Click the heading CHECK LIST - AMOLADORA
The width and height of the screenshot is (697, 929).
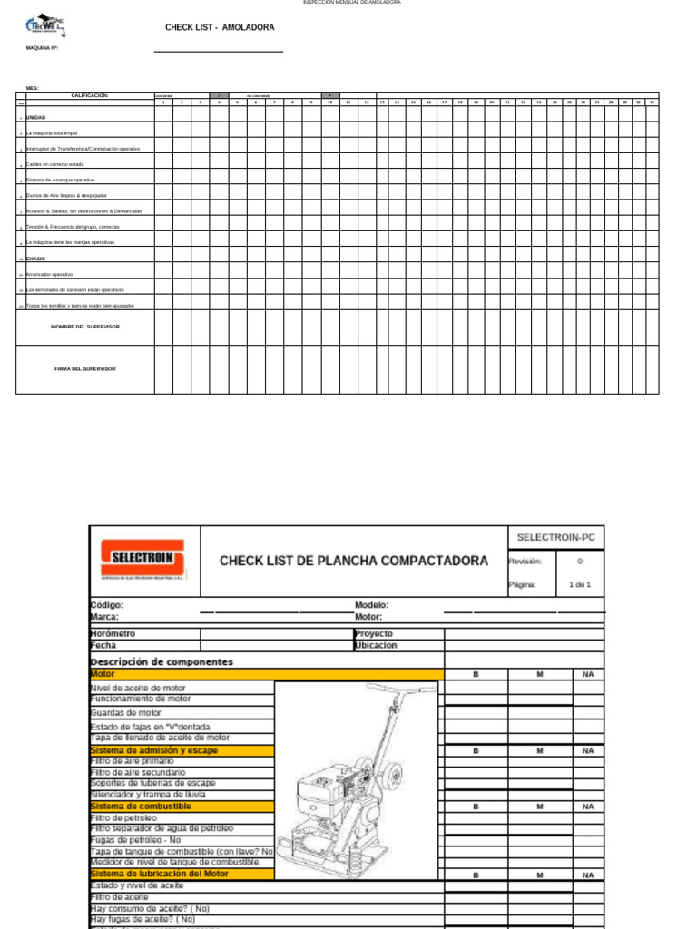(220, 28)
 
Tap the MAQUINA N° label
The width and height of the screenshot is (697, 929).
(42, 48)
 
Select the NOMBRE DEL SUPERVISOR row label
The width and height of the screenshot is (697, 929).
(85, 327)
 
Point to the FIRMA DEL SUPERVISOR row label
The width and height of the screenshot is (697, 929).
(85, 368)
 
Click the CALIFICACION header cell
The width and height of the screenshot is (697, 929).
(90, 95)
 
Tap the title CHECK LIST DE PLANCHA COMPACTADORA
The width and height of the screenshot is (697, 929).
(353, 561)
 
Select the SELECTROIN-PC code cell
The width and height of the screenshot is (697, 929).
(555, 537)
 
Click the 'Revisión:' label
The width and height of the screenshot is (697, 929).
(525, 562)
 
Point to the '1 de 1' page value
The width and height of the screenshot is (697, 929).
(579, 584)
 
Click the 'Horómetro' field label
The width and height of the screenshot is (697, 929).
(113, 633)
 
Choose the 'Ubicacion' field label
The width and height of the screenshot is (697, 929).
(376, 646)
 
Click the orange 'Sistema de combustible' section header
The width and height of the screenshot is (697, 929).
(141, 806)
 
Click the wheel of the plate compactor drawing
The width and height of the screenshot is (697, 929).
(393, 776)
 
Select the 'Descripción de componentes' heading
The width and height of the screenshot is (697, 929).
(162, 662)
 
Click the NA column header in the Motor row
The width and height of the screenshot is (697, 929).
(587, 674)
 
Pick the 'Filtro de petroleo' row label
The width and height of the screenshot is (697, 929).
(123, 817)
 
